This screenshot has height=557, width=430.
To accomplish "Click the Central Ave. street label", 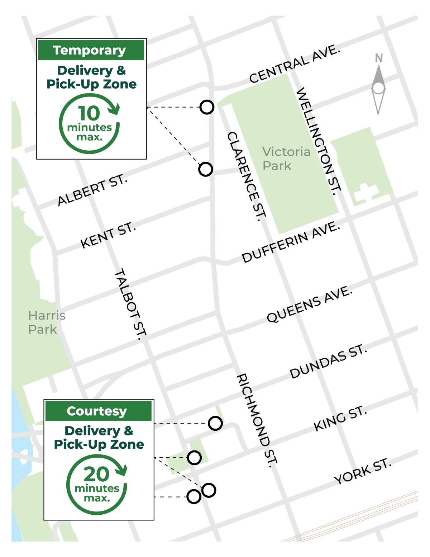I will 295,64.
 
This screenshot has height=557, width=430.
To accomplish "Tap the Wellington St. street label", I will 318,141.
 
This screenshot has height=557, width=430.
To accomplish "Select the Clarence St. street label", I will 247,176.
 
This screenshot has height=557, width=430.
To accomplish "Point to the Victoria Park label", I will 286,159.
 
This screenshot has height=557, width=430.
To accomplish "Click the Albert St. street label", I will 92,190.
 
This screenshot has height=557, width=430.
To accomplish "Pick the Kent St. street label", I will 108,235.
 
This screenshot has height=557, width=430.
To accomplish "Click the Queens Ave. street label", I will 310,304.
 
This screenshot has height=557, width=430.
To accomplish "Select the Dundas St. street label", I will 328,361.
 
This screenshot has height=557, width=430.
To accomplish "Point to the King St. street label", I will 340,419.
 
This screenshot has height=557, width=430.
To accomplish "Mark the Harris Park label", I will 47,322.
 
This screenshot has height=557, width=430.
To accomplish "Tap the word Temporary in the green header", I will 90,50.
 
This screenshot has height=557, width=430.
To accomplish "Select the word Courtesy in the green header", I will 97,411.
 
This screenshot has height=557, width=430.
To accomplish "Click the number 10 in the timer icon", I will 89,113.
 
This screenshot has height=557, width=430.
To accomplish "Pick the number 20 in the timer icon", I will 96,474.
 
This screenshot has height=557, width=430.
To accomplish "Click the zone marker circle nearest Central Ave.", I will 207,107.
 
